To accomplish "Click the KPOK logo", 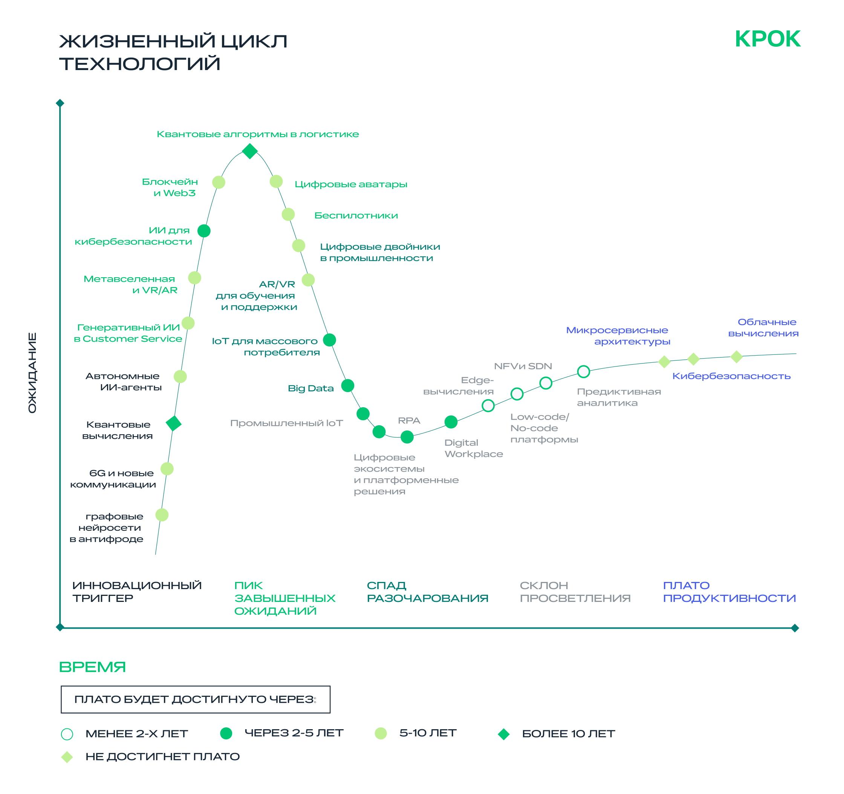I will [x=767, y=39].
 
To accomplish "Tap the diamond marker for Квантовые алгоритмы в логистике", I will [x=250, y=151].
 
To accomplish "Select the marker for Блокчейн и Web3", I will [x=219, y=182].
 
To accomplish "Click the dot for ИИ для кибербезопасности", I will [x=204, y=231].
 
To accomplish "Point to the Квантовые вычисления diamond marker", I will [x=174, y=423].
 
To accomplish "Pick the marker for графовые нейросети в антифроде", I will [x=162, y=515].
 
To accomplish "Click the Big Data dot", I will [x=348, y=385].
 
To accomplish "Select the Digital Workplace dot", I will [x=451, y=422].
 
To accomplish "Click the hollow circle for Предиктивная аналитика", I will [x=584, y=372].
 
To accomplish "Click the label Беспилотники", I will [x=356, y=215].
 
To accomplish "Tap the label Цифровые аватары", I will [x=351, y=184].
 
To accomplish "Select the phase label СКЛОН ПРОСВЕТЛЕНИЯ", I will [x=575, y=592].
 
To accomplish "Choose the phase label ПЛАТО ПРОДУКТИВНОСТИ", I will [x=729, y=592].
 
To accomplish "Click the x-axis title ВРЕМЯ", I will [x=93, y=667].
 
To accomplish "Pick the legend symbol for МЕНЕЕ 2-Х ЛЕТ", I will [x=67, y=734].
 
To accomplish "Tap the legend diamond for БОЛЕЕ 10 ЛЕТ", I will [x=503, y=734].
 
